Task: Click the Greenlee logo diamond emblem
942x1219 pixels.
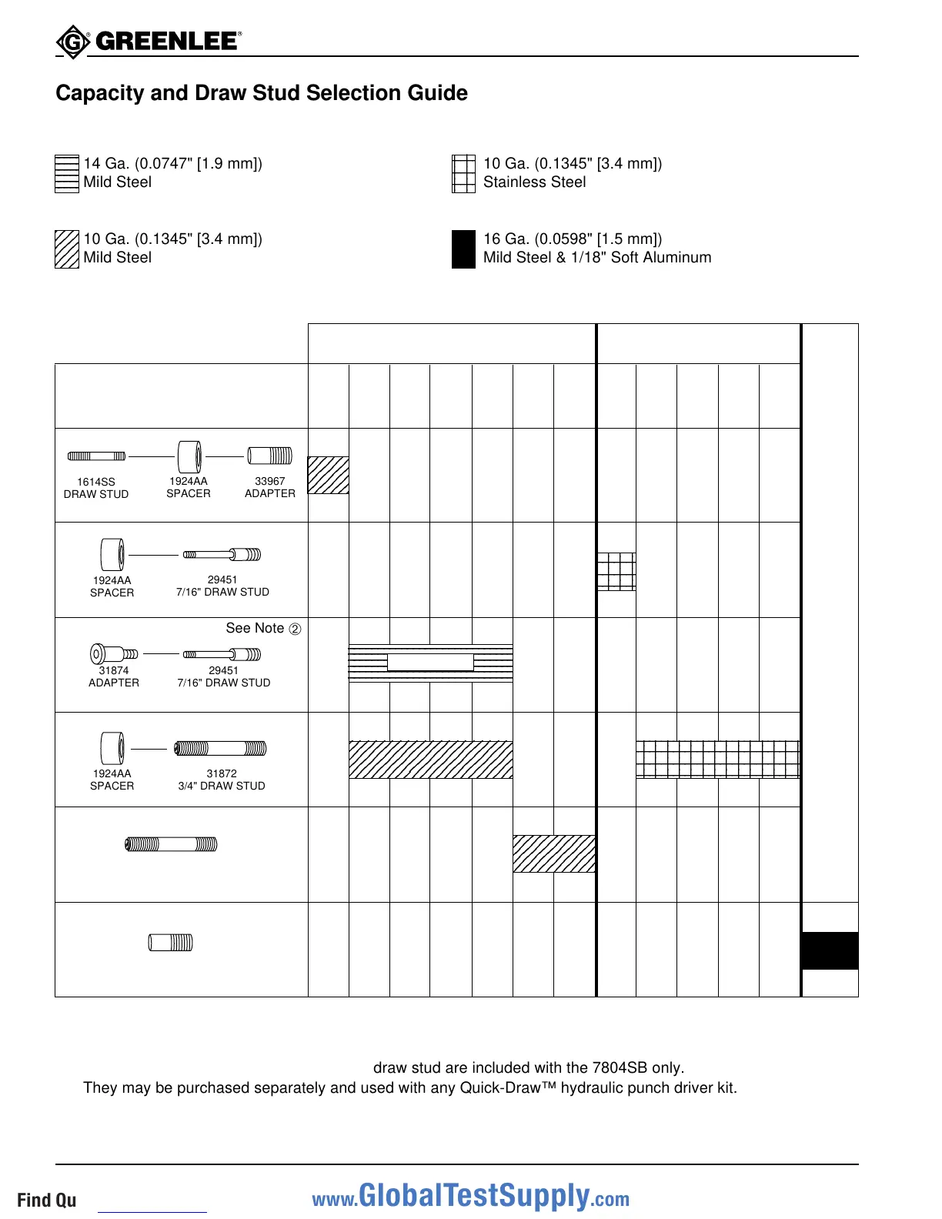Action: point(73,42)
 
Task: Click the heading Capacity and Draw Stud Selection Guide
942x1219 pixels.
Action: point(262,93)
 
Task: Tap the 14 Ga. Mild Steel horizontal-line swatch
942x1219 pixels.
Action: point(67,174)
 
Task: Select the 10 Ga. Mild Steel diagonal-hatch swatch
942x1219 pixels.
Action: point(67,249)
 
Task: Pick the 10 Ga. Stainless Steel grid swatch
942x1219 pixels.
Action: point(463,174)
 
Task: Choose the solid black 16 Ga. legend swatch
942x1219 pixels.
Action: point(463,249)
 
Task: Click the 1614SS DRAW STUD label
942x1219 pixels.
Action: point(96,488)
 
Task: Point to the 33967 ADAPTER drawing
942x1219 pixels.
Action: point(269,456)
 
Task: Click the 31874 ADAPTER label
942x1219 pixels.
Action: point(114,676)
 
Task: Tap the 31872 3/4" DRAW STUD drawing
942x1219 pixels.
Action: point(221,748)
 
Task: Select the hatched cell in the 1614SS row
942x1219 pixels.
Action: point(329,475)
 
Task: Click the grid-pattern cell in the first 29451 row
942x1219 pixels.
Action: point(616,572)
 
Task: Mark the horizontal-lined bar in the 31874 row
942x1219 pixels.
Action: point(430,663)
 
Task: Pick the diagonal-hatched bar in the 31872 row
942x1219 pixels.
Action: point(430,760)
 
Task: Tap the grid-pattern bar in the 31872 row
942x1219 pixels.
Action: point(717,760)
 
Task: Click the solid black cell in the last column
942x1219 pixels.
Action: point(830,950)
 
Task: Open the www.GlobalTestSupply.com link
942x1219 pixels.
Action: point(470,1197)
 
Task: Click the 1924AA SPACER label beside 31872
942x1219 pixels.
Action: point(112,780)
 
